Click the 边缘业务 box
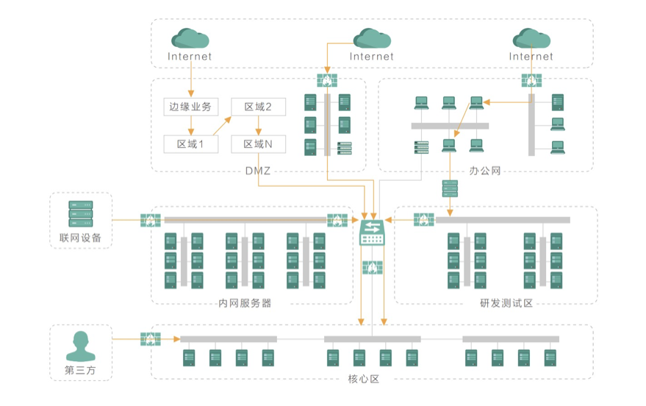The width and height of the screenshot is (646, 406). pos(190,107)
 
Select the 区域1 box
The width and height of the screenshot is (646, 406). pos(190,144)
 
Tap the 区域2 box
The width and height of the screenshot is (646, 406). pos(259,107)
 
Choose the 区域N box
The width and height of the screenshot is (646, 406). pos(259,144)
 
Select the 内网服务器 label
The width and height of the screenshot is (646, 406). pos(245,303)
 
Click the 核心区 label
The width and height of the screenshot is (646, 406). pos(363,380)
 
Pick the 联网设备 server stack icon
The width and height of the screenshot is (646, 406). pos(81,214)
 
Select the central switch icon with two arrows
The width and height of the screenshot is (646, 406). pos(372,234)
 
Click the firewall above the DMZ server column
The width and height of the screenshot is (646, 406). pos(327,79)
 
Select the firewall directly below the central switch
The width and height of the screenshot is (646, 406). pos(372,267)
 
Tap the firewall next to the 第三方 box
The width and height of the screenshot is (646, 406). pos(151,339)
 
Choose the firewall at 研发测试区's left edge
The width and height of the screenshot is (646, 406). pos(423,219)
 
